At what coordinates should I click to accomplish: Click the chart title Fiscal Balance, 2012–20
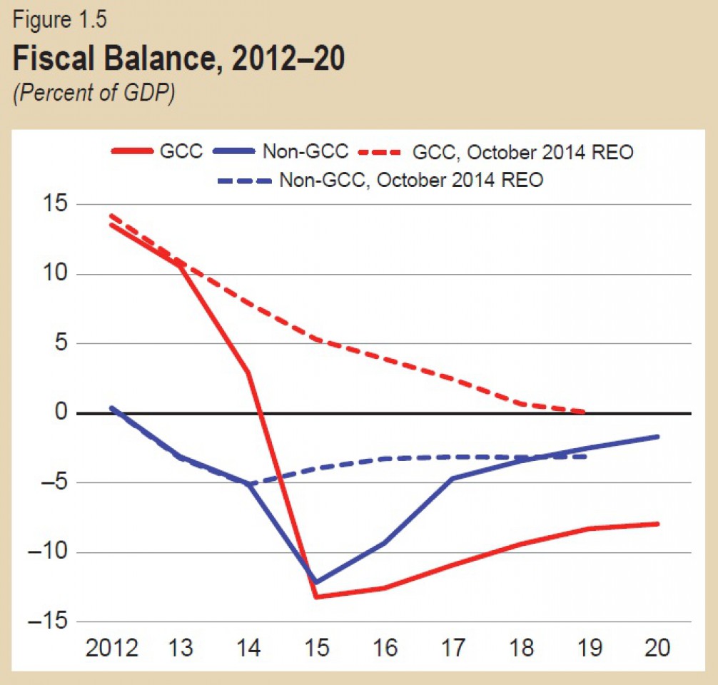[178, 60]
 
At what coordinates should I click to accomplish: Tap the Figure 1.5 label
[60, 20]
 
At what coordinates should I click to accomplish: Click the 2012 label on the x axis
[111, 648]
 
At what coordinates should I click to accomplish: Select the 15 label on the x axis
[317, 648]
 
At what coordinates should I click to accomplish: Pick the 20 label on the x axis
[657, 648]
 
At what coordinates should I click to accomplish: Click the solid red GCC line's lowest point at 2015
[317, 597]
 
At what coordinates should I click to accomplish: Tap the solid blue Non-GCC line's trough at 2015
[317, 582]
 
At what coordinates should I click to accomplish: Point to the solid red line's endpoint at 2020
[657, 524]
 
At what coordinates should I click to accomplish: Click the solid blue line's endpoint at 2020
[657, 437]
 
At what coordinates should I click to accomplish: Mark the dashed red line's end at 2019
[585, 412]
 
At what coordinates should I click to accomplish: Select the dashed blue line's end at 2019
[585, 456]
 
